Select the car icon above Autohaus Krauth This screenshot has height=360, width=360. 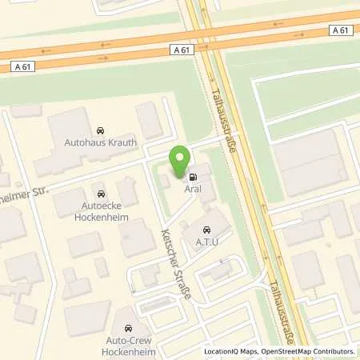(x=100, y=130)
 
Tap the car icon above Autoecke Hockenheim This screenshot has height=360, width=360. (x=100, y=194)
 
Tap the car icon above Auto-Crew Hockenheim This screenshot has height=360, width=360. (x=127, y=328)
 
